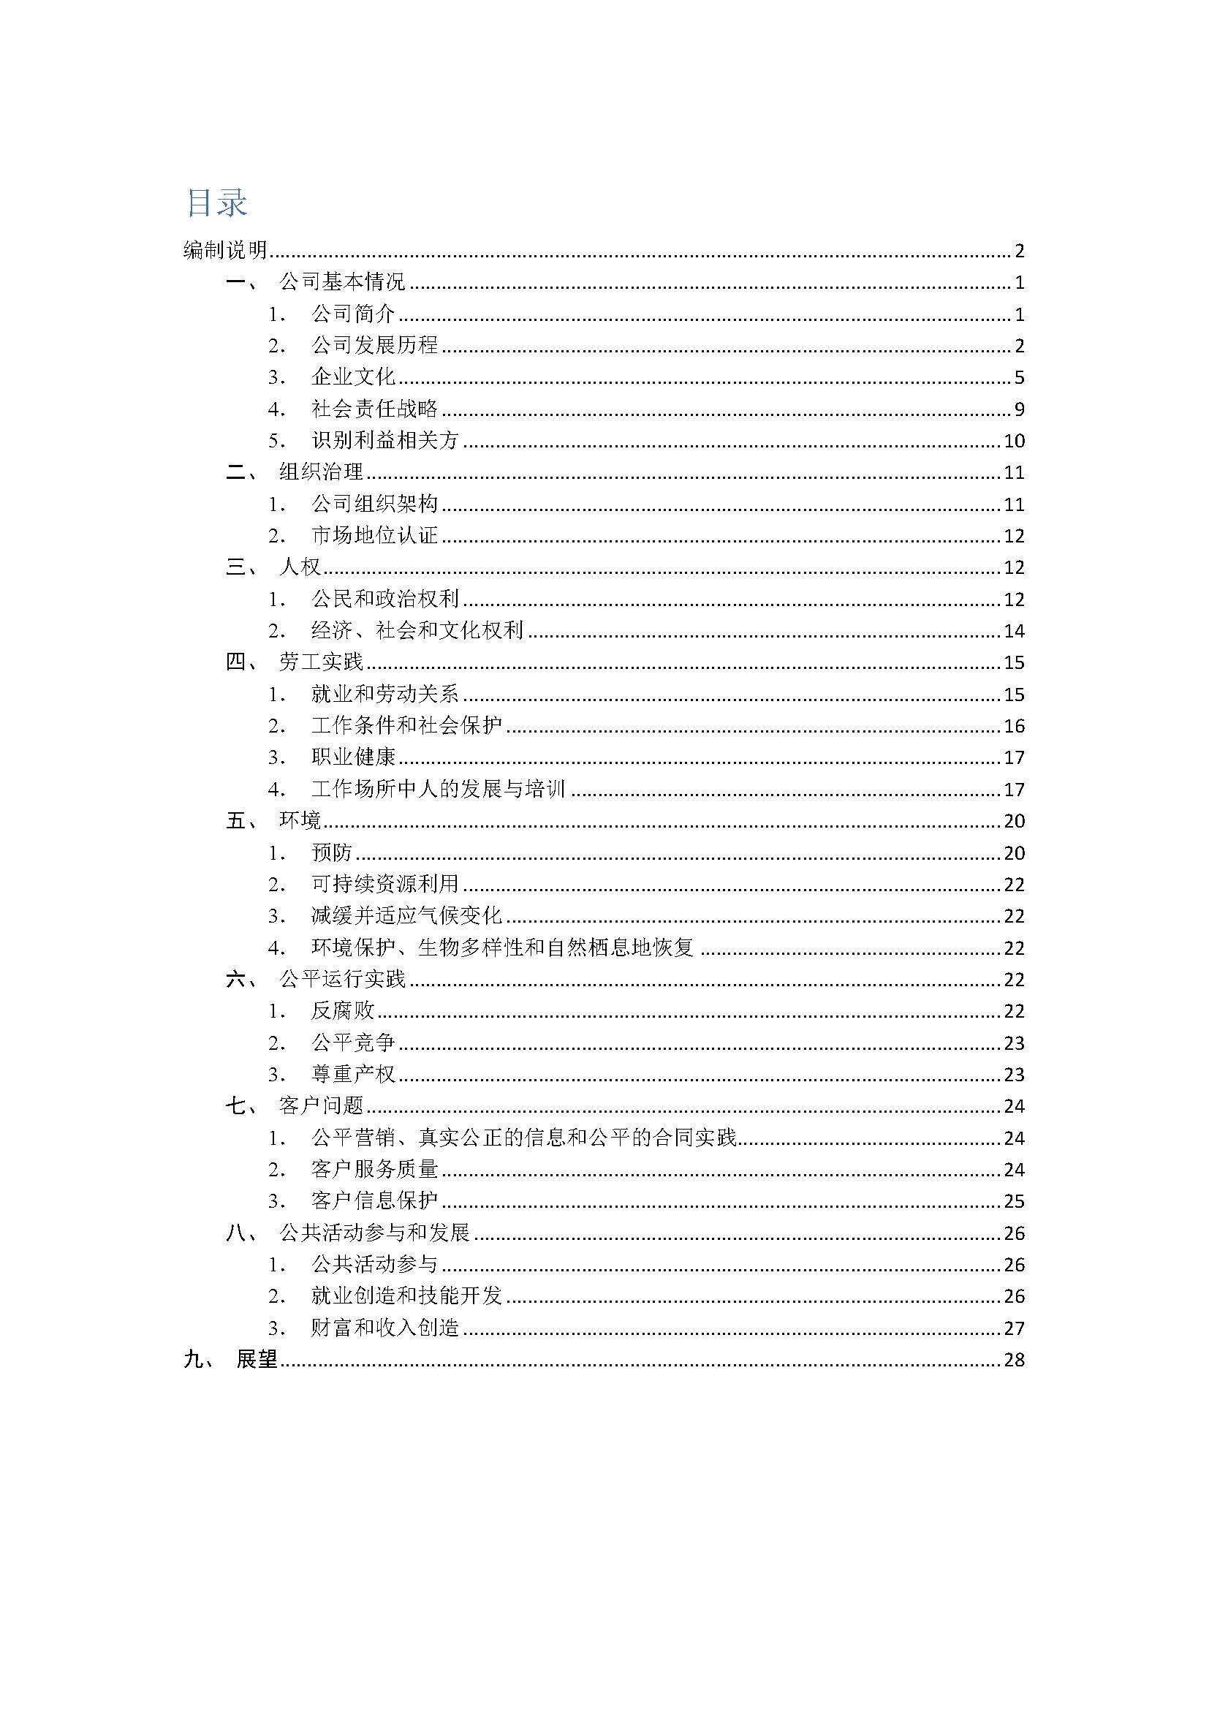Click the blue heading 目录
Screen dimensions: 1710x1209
pos(216,203)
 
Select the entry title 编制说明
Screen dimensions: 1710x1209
pos(225,251)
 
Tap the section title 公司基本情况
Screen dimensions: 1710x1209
pos(341,282)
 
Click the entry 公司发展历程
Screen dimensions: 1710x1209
pos(374,346)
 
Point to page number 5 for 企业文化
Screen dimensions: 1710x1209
pos(1019,377)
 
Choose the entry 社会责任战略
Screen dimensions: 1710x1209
pos(374,409)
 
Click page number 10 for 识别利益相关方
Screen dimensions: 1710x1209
pos(1014,441)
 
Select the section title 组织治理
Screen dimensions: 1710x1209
pos(321,472)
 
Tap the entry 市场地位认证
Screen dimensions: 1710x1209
pos(374,535)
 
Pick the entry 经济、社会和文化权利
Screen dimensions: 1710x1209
pos(417,631)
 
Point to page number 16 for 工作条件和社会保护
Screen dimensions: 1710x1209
pos(1014,726)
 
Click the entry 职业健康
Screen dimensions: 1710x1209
pos(353,757)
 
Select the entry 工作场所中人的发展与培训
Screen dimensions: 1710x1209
pos(439,790)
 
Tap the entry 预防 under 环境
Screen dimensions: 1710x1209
pos(331,852)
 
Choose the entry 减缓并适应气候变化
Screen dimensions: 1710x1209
pos(406,916)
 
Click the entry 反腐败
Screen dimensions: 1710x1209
pos(342,1010)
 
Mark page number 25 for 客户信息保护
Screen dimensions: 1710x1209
pos(1014,1201)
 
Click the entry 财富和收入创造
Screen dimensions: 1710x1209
pos(385,1328)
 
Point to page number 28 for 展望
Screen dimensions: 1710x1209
pos(1014,1360)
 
